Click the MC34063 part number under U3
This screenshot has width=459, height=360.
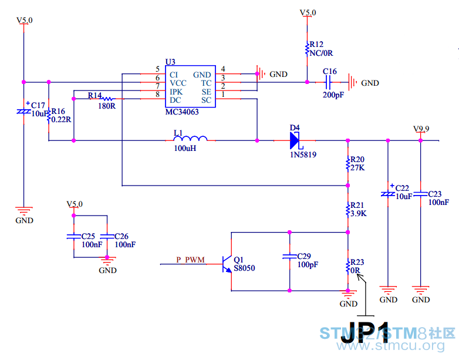(182, 112)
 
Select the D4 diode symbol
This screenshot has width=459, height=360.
(295, 140)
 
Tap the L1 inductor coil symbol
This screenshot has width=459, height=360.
(191, 138)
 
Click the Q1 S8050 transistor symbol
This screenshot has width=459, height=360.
(227, 264)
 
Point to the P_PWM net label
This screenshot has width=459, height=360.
(191, 260)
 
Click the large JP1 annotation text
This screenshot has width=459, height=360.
(365, 332)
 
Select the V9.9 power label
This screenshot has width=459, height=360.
(421, 129)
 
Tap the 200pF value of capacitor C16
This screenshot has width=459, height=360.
(333, 95)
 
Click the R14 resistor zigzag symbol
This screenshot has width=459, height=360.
(107, 99)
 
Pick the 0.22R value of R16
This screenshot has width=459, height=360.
(61, 120)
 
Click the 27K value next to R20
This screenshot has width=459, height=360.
(357, 168)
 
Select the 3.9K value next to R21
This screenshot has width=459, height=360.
(358, 214)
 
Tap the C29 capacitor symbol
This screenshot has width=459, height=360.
(289, 257)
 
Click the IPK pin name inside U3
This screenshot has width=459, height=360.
(176, 92)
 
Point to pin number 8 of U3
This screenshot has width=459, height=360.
(158, 95)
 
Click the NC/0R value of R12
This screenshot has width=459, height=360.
(321, 53)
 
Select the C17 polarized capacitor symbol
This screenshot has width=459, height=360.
(23, 112)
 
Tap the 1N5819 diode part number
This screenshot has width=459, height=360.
(303, 154)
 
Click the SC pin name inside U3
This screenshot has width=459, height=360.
(207, 100)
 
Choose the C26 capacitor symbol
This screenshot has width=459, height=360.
(107, 236)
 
